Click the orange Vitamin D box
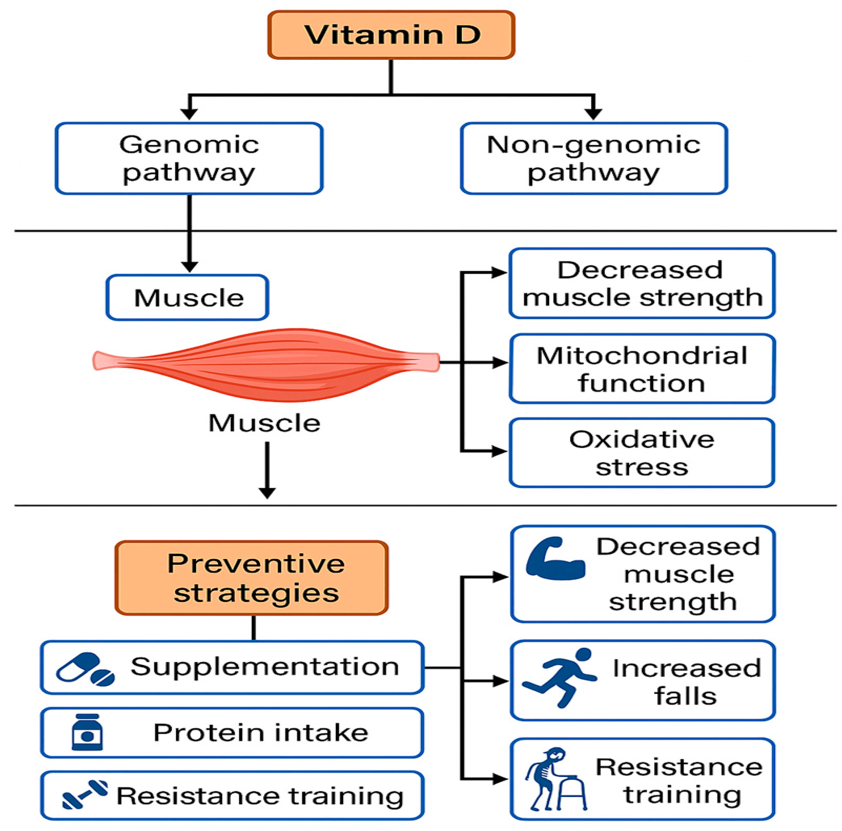coord(391,35)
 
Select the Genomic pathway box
coord(189,158)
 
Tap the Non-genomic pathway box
coord(594,158)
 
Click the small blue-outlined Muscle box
coord(187,298)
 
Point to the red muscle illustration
coord(266,364)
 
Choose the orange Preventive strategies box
coord(252,578)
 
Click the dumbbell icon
coord(85,794)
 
